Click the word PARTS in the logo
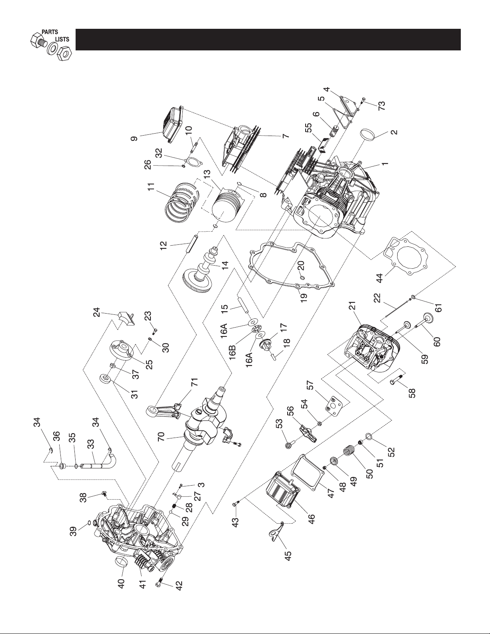(50, 32)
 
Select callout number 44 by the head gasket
(380, 278)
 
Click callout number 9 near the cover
(134, 138)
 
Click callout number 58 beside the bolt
(412, 392)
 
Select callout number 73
(381, 105)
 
